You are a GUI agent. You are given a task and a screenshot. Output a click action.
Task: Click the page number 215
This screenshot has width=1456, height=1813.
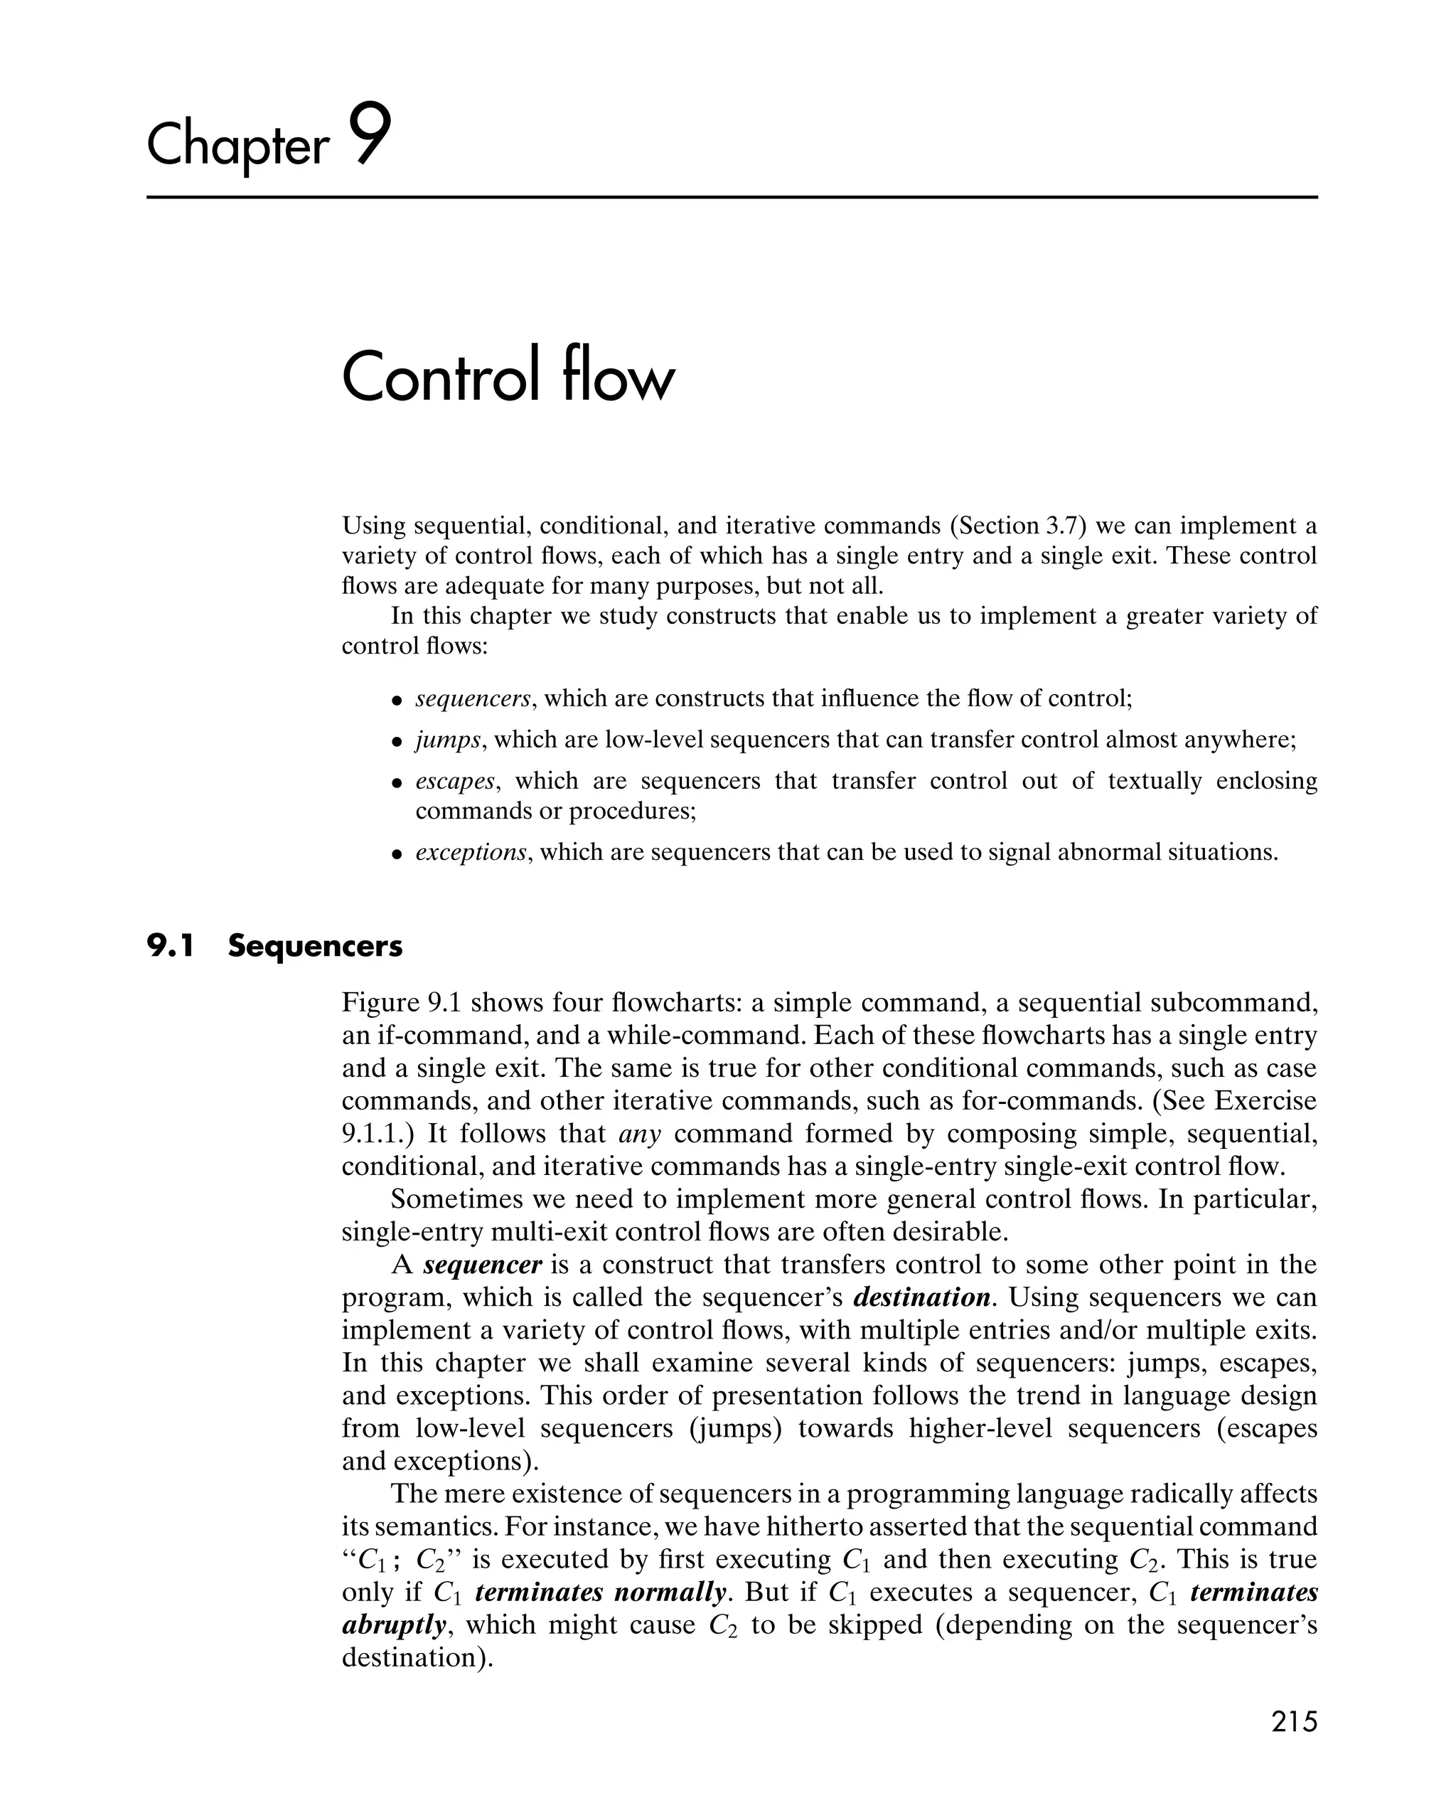(1294, 1721)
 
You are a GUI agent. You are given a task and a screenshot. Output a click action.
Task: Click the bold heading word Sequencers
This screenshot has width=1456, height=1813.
(315, 946)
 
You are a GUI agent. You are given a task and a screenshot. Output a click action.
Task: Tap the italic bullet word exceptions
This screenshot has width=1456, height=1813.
(471, 853)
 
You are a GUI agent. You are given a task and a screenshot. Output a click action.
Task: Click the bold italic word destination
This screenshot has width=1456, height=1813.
(921, 1297)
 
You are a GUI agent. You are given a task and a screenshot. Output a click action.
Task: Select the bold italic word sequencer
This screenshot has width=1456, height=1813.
(483, 1264)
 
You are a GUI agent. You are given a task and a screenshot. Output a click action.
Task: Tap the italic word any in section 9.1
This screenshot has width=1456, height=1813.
(640, 1134)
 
